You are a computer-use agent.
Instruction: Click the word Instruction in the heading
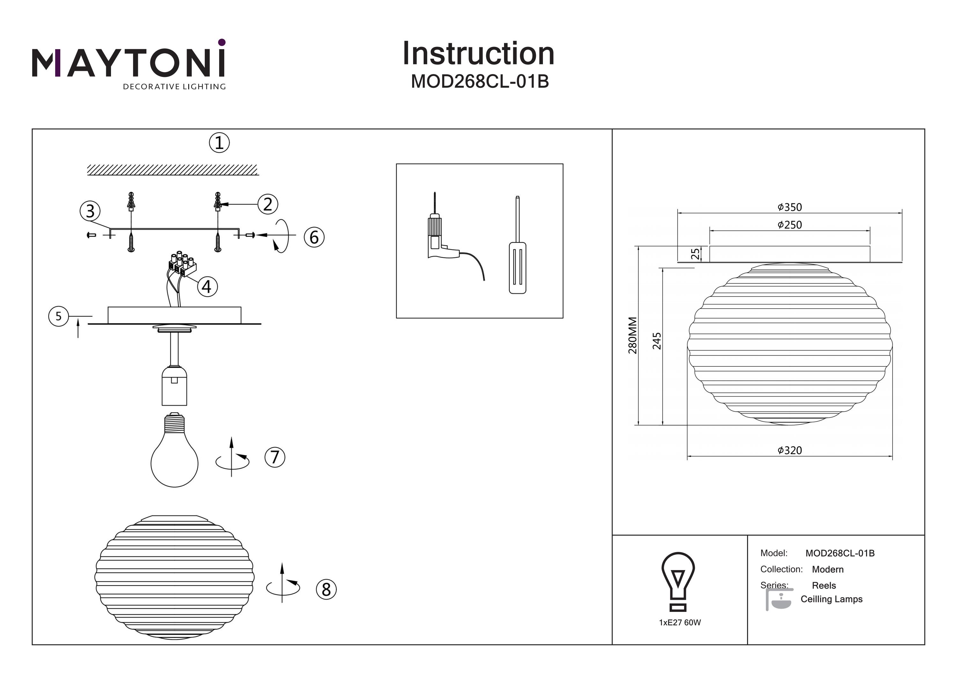(478, 54)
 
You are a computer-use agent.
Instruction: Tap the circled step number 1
(219, 143)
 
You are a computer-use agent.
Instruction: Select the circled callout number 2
(268, 204)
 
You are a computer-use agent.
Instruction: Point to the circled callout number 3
(90, 211)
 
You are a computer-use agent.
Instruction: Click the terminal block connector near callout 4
(314, 237)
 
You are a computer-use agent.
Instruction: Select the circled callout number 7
(275, 457)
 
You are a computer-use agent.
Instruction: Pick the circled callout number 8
(326, 590)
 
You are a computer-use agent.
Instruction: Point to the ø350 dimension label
(790, 207)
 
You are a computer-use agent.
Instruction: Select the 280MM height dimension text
(633, 335)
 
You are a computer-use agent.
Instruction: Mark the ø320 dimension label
(790, 450)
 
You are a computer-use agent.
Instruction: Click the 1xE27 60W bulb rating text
(680, 622)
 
